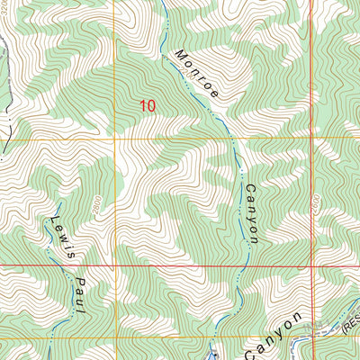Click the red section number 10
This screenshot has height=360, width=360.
[x=148, y=105]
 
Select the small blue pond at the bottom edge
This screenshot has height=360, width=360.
[x=212, y=354]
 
